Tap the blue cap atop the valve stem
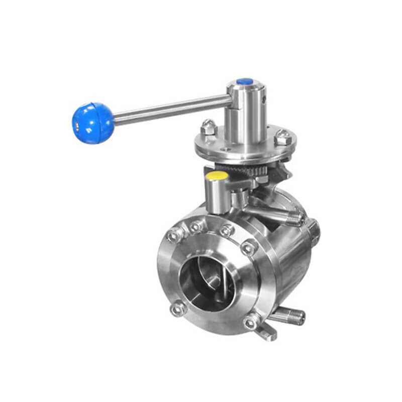(245, 81)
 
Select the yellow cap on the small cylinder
(218, 176)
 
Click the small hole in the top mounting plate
(227, 148)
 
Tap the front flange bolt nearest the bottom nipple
(251, 322)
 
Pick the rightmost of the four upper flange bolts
(248, 247)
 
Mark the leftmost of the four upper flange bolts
(175, 235)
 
